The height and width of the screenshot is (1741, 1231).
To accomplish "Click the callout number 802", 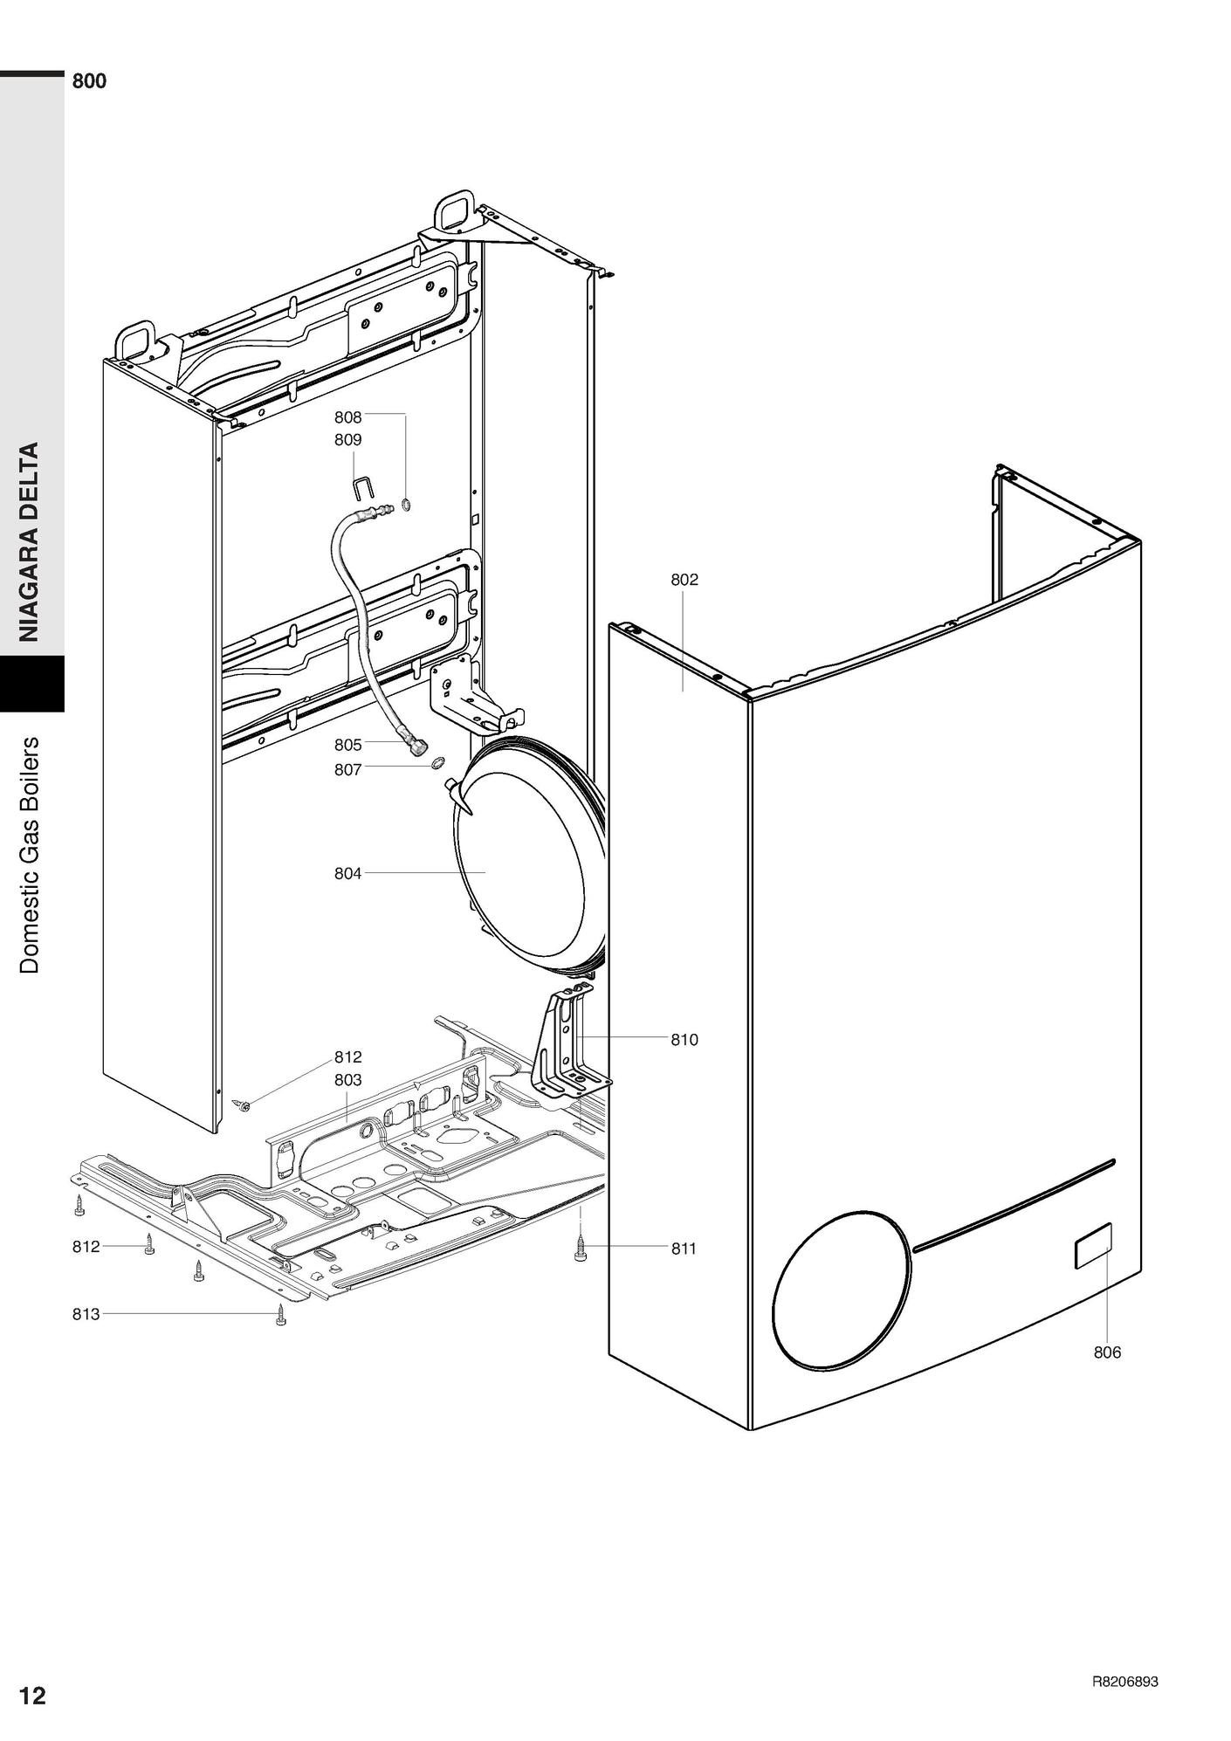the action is (x=684, y=580).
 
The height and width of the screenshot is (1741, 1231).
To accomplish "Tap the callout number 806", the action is (x=1107, y=1352).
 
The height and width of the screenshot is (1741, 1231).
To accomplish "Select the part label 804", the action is (x=347, y=873).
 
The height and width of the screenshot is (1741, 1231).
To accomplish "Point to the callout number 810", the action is (x=684, y=1040).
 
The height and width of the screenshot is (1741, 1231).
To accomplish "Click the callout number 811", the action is (x=684, y=1249).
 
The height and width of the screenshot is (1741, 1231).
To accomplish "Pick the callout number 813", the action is (x=86, y=1313).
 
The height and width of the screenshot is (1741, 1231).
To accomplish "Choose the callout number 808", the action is (x=347, y=417).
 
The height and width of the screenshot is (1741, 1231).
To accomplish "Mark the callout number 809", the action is (x=347, y=440).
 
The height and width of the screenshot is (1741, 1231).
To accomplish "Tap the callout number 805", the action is (x=347, y=745).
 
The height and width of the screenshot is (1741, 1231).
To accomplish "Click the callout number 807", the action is (x=347, y=770).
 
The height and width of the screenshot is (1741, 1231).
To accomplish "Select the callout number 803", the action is (x=347, y=1080).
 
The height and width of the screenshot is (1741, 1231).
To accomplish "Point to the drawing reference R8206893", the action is (x=1125, y=1682).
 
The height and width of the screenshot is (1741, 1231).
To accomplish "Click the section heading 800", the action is (x=89, y=81).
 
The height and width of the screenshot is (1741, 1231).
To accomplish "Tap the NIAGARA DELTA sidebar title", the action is (x=31, y=542).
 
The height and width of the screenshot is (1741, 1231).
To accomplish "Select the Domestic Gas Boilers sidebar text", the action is (x=31, y=856).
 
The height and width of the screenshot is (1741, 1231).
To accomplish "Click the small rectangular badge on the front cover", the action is (x=1093, y=1246).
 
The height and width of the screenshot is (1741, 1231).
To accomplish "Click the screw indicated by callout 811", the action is (x=581, y=1249).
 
